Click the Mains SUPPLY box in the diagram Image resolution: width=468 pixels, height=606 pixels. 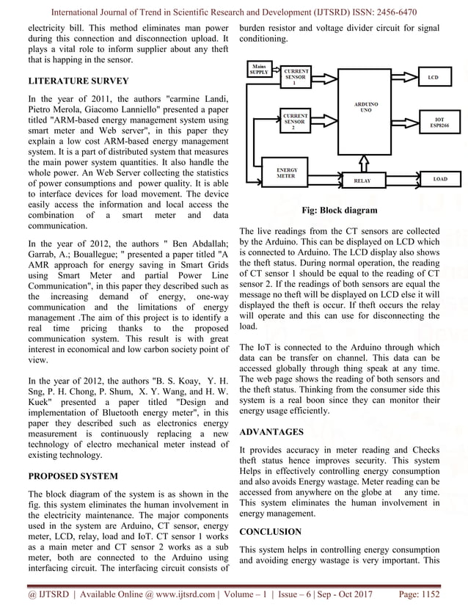tap(258, 69)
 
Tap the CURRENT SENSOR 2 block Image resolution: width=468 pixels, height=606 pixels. tap(296, 121)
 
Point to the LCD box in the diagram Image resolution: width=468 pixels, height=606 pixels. tap(434, 76)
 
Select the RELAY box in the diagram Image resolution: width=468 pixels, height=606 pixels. tap(362, 180)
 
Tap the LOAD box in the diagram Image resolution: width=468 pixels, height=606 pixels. tap(439, 178)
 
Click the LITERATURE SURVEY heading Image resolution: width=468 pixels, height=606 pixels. tap(78, 80)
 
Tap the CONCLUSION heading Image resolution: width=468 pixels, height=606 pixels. tap(271, 531)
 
